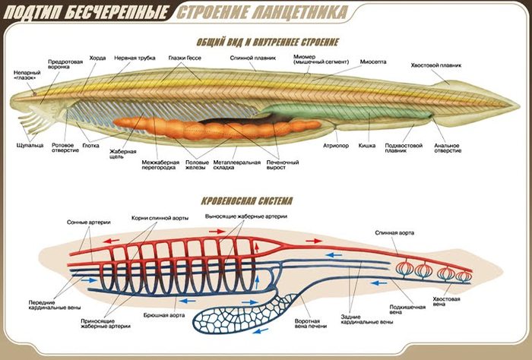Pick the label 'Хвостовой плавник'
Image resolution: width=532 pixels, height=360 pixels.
436,65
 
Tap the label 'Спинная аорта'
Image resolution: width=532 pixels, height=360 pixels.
394,232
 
